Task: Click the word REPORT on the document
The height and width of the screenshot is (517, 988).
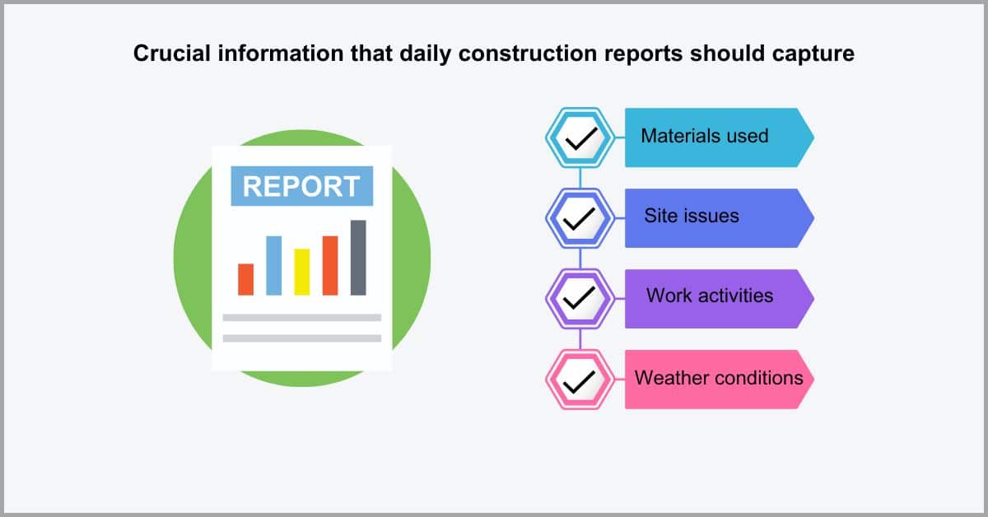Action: [x=301, y=186]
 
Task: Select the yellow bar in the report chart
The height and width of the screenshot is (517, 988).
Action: [x=302, y=272]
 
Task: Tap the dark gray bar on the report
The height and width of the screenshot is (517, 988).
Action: [x=358, y=258]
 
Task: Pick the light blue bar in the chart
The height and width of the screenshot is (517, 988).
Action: [x=274, y=266]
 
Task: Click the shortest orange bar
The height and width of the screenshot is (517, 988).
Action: [x=245, y=279]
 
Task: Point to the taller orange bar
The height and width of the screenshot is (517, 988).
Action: [x=330, y=266]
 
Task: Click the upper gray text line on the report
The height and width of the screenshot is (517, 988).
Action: [x=302, y=318]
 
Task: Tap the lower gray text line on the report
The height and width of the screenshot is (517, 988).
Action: [x=302, y=338]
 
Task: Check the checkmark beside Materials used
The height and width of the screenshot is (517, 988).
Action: [x=581, y=138]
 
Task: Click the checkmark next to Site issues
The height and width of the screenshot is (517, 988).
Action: [x=580, y=219]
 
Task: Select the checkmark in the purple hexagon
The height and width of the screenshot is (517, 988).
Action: [x=580, y=298]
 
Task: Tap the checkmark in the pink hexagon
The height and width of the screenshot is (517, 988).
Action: [x=580, y=381]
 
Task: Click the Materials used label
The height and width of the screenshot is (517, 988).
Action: [x=705, y=136]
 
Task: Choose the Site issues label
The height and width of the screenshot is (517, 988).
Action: [x=691, y=216]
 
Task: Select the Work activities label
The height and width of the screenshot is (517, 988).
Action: [x=710, y=296]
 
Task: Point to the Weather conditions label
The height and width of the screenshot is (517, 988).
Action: [x=719, y=378]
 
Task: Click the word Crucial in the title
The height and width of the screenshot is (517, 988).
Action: [x=172, y=54]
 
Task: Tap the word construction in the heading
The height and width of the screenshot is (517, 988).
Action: [x=528, y=54]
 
